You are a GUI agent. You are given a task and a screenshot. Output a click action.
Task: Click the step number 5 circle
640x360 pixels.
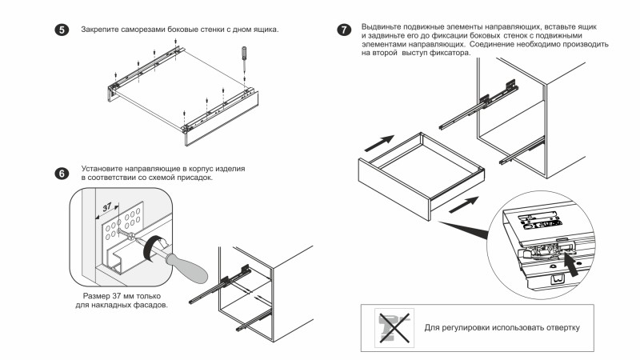point(59,30)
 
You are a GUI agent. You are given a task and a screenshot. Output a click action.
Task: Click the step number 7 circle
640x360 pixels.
point(344,30)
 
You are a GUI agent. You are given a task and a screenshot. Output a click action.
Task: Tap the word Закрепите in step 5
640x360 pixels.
point(99,30)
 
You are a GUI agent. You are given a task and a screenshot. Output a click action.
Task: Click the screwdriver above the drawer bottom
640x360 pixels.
point(243,60)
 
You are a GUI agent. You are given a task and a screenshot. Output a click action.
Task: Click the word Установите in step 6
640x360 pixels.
point(102,170)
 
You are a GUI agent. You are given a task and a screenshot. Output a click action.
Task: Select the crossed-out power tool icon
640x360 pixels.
point(393,327)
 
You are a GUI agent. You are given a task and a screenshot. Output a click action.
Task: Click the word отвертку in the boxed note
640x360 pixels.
point(557,328)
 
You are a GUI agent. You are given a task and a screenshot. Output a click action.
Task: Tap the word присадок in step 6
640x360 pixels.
point(194,178)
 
